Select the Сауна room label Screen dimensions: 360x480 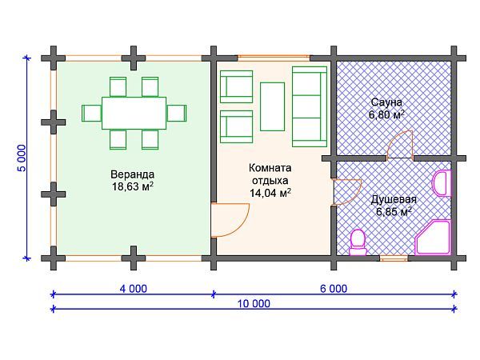pos(386,102)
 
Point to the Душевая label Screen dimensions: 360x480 pos(393,200)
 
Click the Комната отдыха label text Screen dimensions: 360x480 pos(270,174)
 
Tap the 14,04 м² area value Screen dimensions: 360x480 pos(270,192)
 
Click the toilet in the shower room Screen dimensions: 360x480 pos(358,241)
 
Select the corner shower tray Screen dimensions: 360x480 pos(433,237)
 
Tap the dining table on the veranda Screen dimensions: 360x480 pos(134,112)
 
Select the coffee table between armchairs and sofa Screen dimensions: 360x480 pos(272,106)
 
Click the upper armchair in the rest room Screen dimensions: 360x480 pos(236,84)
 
